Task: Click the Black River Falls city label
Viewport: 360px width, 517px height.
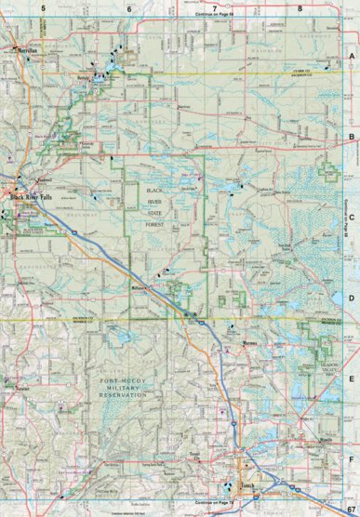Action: coord(33,197)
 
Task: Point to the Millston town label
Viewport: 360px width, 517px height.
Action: coord(140,289)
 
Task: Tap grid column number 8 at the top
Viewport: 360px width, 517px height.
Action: coord(300,8)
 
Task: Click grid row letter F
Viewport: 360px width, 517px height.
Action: coord(353,458)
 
